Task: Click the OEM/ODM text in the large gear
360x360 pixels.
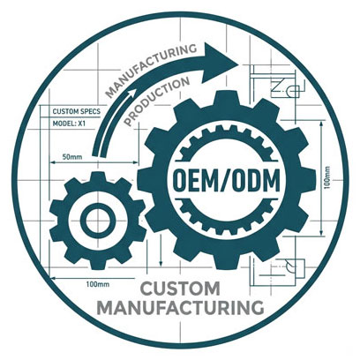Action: point(227,180)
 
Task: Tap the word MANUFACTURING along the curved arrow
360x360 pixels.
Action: point(150,69)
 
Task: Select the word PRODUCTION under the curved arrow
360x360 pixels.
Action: point(157,101)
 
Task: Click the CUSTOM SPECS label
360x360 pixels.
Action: point(77,112)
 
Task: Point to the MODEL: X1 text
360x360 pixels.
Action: point(69,124)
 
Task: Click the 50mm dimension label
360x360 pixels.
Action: point(72,157)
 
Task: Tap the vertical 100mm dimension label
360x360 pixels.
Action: point(327,177)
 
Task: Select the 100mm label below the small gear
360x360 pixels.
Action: point(98,284)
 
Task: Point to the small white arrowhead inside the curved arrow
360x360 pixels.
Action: point(131,94)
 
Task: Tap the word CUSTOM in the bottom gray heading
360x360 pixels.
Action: point(181,289)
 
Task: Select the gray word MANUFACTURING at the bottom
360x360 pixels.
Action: point(180,307)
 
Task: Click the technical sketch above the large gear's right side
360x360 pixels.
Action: point(276,82)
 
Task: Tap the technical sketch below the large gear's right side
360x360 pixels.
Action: point(278,270)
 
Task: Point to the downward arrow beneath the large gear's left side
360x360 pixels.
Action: point(161,250)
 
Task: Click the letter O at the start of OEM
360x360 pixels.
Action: point(179,180)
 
